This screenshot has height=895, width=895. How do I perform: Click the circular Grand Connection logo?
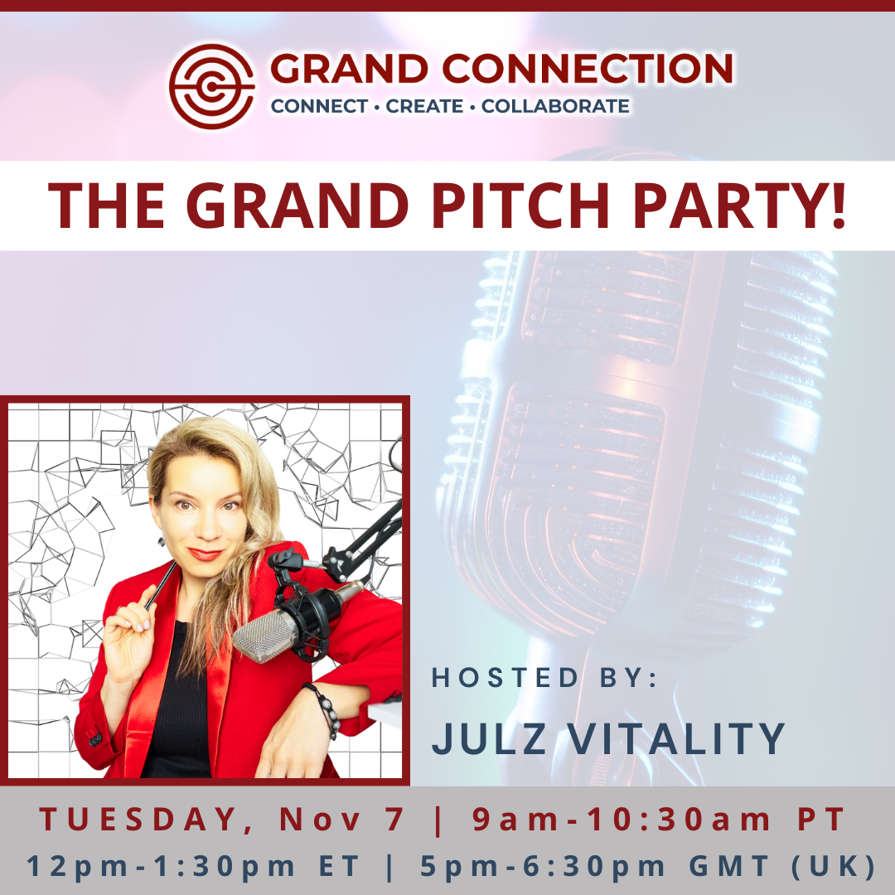pos(212,87)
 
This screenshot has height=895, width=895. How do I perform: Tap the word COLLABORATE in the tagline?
pos(555,106)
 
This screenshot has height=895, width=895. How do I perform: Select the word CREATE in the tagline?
pos(424,106)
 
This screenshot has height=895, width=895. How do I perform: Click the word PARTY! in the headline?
pos(739,206)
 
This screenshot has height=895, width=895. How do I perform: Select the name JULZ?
pos(489,738)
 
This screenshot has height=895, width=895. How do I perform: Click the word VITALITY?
pos(676,738)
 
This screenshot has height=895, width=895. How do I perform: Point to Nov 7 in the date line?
pos(341,819)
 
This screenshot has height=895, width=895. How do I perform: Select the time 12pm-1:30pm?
pos(161,866)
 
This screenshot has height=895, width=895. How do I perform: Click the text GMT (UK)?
pos(782,866)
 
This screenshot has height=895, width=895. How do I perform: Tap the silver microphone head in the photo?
pos(265,636)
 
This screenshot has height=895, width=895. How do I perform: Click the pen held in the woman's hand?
pos(161,585)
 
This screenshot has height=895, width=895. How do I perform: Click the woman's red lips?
pos(205,554)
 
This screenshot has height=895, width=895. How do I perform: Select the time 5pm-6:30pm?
pos(543,866)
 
